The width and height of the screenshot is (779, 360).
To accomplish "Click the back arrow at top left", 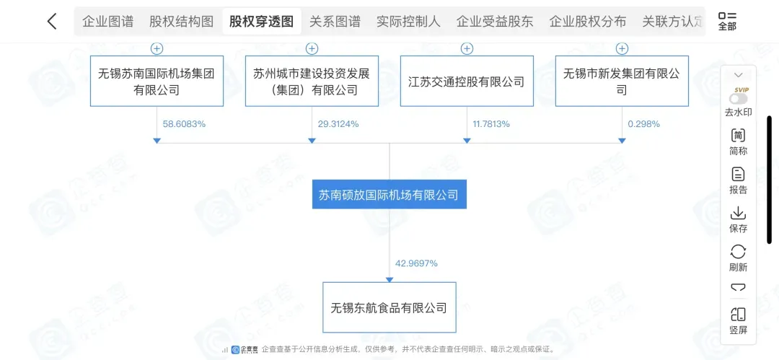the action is coord(52,22).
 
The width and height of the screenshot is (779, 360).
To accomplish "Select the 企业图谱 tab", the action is coord(107,22).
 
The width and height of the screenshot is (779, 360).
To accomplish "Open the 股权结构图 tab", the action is coord(181,22).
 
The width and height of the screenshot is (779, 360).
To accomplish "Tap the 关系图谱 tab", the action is coord(335,22).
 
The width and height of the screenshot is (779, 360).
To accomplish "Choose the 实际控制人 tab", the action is coord(408,22).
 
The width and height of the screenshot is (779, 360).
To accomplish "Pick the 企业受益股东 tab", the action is coord(495,22).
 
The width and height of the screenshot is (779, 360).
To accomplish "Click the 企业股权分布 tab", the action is coord(588,22).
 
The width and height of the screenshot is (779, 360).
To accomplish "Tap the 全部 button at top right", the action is coord(727,21).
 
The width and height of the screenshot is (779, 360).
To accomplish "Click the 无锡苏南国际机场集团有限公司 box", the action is coord(157,82).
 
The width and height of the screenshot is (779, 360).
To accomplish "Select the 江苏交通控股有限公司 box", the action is coord(467,82).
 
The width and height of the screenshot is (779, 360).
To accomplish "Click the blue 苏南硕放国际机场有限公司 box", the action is coord(389,195).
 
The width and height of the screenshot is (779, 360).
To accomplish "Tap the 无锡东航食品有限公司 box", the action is coord(389,307).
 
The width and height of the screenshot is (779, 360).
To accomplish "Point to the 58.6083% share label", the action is coord(184,124).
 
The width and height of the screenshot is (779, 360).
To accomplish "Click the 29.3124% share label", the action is coord(338,124).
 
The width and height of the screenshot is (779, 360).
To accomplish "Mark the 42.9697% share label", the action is coord(416,263).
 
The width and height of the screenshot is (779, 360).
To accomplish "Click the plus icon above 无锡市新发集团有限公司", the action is coord(622,48).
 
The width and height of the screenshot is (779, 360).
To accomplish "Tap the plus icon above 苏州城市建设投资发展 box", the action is coord(312,48).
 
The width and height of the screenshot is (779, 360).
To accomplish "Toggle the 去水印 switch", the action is coord(738,99).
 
